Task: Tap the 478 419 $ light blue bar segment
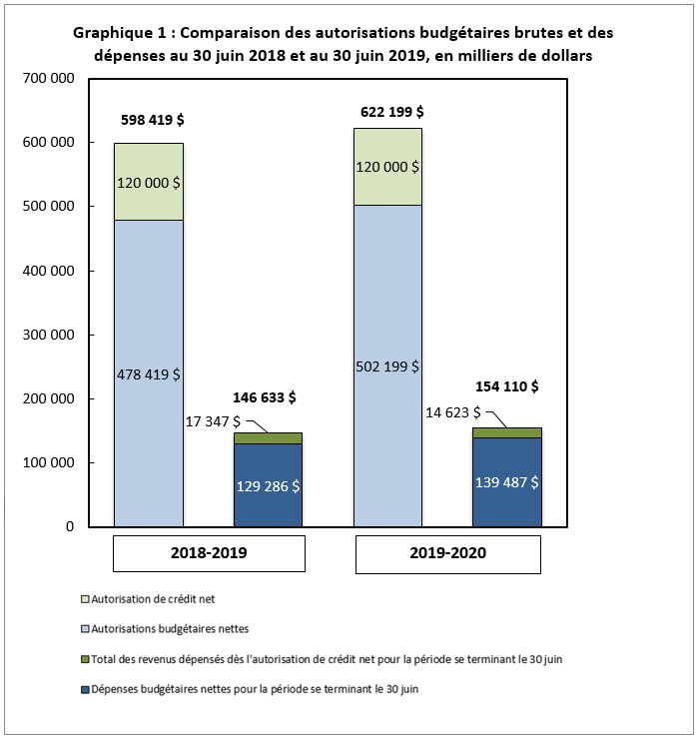point(149,373)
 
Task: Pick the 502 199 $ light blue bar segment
point(388,366)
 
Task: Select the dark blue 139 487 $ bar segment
point(507,481)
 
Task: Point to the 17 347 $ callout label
point(213,420)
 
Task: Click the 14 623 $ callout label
point(451,410)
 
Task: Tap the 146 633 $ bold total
point(265,396)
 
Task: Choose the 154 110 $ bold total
point(506,386)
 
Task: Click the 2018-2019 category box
point(208,552)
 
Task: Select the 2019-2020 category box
point(447,552)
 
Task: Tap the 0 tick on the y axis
point(71,526)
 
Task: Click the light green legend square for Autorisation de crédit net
point(84,599)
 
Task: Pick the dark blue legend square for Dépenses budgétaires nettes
point(84,689)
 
